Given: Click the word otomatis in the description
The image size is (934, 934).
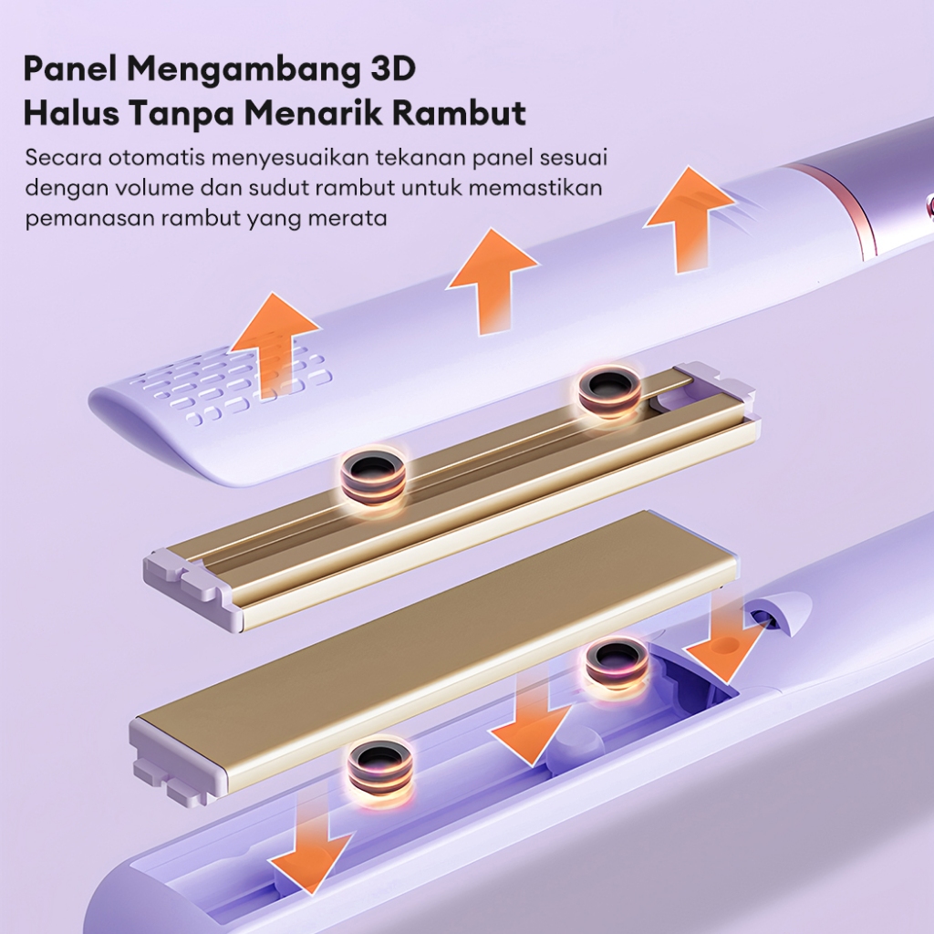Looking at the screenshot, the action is point(157,158).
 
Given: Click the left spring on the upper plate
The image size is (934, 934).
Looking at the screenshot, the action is point(373,475).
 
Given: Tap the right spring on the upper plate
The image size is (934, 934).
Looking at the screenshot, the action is point(610,392).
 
